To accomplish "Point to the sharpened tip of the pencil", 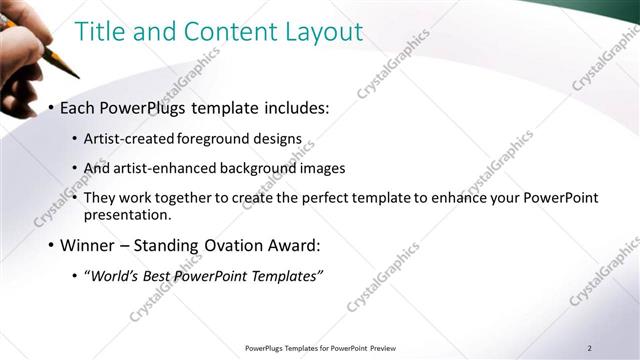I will pos(76,76).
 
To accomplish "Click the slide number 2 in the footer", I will pos(589,348).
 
